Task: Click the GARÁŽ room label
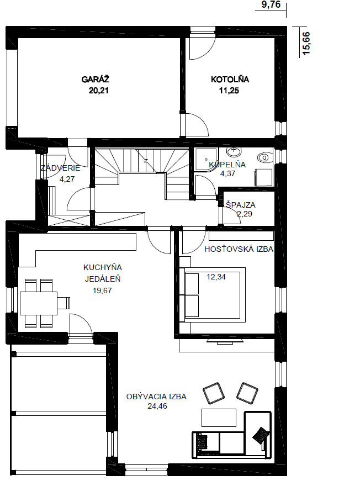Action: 96,80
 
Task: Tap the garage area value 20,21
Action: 99,91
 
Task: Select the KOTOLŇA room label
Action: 230,80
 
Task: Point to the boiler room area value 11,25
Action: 229,91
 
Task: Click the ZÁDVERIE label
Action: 60,168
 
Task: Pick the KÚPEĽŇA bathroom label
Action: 227,164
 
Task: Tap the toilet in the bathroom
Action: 264,157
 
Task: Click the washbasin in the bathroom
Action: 234,150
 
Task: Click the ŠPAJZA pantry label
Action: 241,204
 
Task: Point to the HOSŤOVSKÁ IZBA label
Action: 239,249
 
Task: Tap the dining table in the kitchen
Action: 39,303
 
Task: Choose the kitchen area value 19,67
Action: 102,290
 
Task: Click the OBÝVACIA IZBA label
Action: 156,397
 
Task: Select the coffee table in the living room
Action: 219,418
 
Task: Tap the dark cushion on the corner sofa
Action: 260,435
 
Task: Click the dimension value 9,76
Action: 271,4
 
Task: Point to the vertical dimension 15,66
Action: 306,43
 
